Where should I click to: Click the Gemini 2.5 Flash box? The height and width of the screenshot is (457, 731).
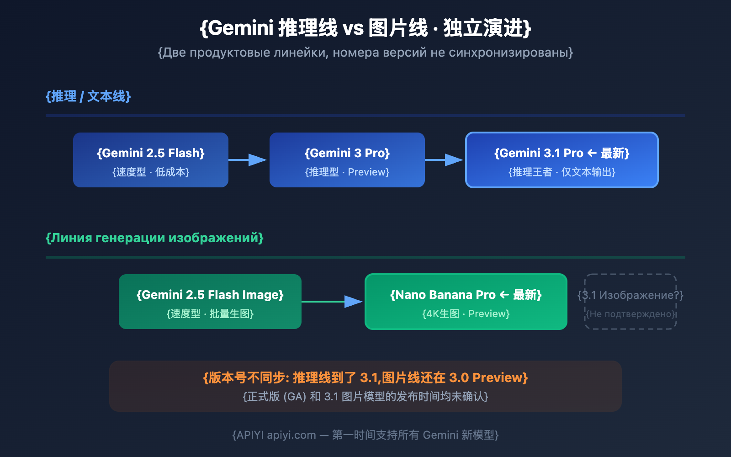click(151, 160)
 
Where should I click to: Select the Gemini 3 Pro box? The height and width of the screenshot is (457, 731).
click(347, 160)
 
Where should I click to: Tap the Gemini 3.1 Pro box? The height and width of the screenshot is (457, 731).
click(562, 160)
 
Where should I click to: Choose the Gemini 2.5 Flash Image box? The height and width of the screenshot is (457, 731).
click(210, 302)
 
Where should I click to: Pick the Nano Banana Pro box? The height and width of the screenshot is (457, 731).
click(466, 302)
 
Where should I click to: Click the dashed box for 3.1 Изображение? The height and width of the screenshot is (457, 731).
click(630, 302)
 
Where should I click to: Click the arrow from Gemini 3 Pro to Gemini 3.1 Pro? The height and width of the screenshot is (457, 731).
click(444, 160)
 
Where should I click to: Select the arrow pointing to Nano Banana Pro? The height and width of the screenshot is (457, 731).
click(332, 302)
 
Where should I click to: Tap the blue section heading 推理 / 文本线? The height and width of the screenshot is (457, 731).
click(88, 96)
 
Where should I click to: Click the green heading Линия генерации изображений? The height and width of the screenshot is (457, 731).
click(154, 238)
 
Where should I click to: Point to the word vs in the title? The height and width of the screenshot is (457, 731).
click(353, 28)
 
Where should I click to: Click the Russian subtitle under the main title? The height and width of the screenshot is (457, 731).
click(365, 53)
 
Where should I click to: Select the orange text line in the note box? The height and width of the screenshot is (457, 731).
click(365, 378)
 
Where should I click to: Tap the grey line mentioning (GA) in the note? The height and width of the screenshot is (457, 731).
click(365, 396)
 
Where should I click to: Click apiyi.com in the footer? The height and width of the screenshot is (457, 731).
click(291, 435)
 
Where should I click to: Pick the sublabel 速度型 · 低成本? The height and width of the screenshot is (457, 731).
click(151, 172)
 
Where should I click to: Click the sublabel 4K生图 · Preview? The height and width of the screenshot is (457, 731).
click(466, 314)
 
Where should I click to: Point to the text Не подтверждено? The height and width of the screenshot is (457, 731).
click(630, 314)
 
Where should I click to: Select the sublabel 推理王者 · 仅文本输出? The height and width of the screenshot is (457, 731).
click(562, 172)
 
